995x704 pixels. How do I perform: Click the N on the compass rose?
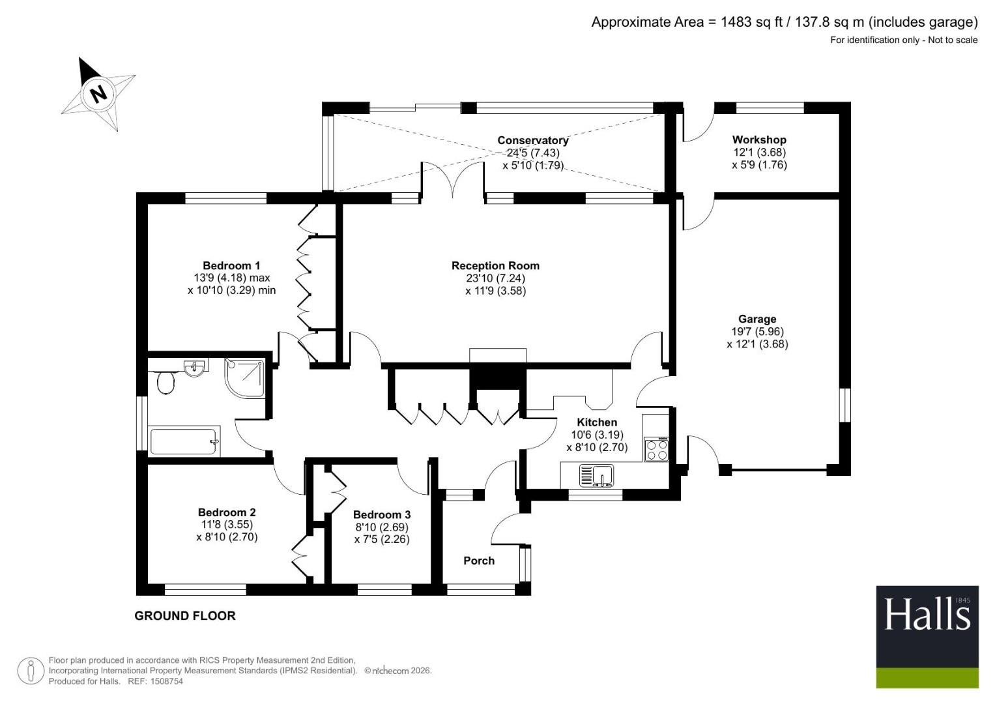(x=98, y=94)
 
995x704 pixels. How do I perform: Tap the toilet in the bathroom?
(x=166, y=382)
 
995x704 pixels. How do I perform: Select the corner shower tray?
(x=244, y=377)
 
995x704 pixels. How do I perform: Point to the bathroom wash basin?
(x=195, y=368)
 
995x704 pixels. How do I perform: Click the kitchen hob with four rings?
(x=656, y=449)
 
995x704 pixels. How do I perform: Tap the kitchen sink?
(x=597, y=476)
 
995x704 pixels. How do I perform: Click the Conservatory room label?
(x=532, y=140)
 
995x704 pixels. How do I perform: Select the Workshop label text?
(x=759, y=140)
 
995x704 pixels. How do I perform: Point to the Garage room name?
(x=757, y=319)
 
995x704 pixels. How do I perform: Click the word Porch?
(x=479, y=561)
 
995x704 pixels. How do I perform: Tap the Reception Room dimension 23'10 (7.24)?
(x=495, y=278)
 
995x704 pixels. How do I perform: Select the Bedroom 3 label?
(x=382, y=515)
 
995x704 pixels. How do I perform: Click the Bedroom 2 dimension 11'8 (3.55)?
(x=227, y=525)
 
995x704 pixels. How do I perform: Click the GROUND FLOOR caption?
(x=185, y=616)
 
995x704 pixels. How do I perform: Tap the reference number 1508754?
(x=166, y=681)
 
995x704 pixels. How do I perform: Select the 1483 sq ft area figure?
(x=751, y=22)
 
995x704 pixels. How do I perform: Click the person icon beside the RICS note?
(x=31, y=671)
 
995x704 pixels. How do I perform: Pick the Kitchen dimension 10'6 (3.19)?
(x=597, y=435)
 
